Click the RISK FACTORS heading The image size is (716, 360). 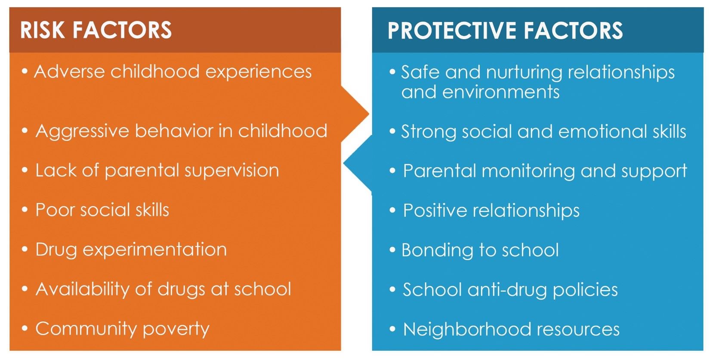pyautogui.click(x=96, y=30)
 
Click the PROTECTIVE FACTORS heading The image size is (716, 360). pyautogui.click(x=505, y=31)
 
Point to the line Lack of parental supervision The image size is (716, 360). pyautogui.click(x=157, y=171)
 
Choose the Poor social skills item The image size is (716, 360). pyautogui.click(x=102, y=210)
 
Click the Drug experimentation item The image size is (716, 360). pyautogui.click(x=131, y=250)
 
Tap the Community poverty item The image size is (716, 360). pyautogui.click(x=122, y=329)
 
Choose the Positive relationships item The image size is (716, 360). pyautogui.click(x=491, y=211)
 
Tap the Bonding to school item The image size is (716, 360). pyautogui.click(x=480, y=250)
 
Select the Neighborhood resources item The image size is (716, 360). pyautogui.click(x=511, y=329)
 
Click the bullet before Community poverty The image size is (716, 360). pyautogui.click(x=25, y=329)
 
